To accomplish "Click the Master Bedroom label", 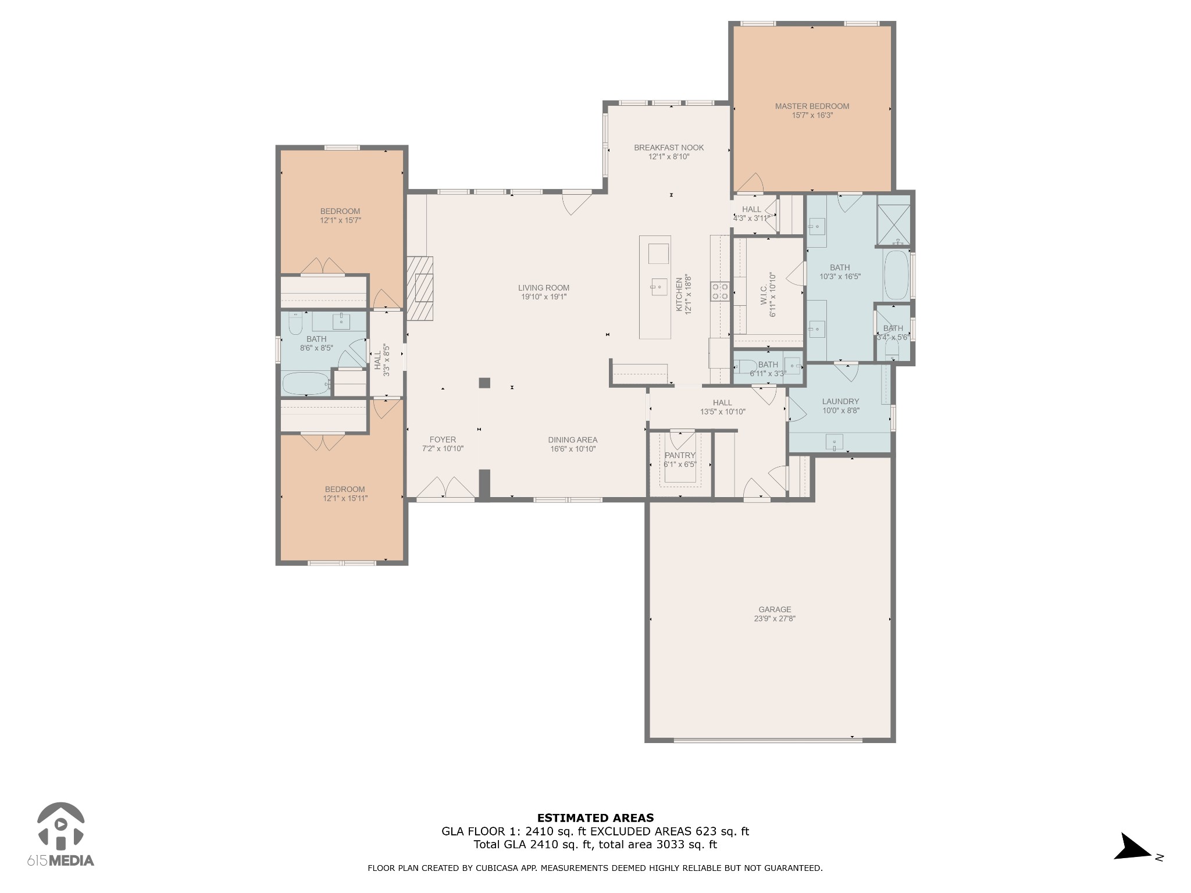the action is tap(812, 106).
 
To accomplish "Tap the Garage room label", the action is tap(775, 610).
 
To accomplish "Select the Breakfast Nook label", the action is tap(669, 148).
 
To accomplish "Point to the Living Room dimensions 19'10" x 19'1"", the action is tap(544, 297).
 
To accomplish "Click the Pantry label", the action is tap(680, 455).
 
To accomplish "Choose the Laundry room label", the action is tap(840, 401).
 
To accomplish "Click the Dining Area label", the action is tap(573, 440).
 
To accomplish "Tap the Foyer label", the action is tap(443, 440).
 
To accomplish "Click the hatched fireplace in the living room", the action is tap(420, 288).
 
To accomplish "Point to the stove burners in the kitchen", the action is tap(720, 291).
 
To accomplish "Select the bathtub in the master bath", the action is tap(896, 275).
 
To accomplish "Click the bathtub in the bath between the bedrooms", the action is tap(306, 384).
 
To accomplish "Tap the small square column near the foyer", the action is tap(484, 383).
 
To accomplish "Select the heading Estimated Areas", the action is tap(595, 818).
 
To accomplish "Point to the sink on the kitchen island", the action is tap(659, 286).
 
